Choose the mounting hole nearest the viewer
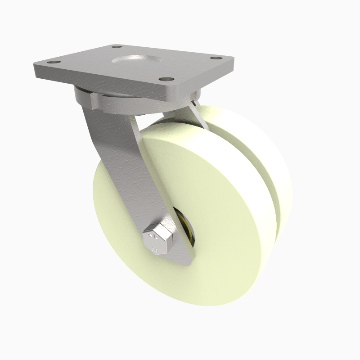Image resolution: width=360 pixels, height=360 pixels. [168, 79]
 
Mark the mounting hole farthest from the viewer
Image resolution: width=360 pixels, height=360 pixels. [117, 46]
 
